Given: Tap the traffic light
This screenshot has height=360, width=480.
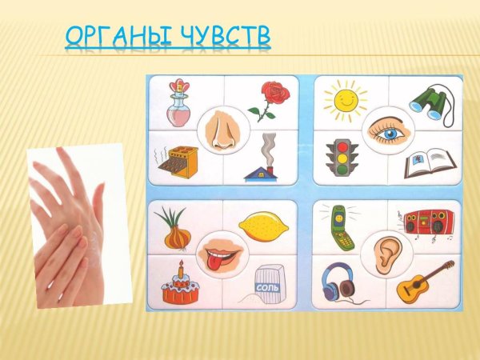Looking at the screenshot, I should (342, 158).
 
